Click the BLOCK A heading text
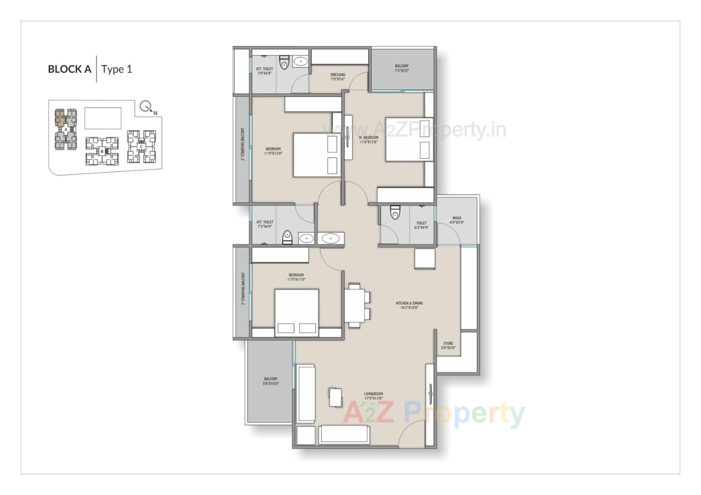pyautogui.click(x=69, y=69)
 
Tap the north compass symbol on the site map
pyautogui.click(x=147, y=107)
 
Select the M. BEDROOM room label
pyautogui.click(x=368, y=140)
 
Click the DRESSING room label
pyautogui.click(x=338, y=77)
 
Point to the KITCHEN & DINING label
pyautogui.click(x=409, y=305)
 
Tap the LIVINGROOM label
pyautogui.click(x=373, y=396)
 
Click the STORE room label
pyautogui.click(x=448, y=345)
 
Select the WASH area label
pyautogui.click(x=457, y=220)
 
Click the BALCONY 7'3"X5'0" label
pyautogui.click(x=402, y=68)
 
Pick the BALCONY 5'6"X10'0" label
pyautogui.click(x=271, y=381)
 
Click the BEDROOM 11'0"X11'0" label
pyautogui.click(x=296, y=277)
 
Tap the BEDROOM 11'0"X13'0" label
pyautogui.click(x=273, y=151)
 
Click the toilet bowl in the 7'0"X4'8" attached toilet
pyautogui.click(x=284, y=63)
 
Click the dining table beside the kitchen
pyautogui.click(x=355, y=305)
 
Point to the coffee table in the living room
pyautogui.click(x=336, y=397)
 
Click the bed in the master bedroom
pyautogui.click(x=409, y=139)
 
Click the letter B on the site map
pyautogui.click(x=102, y=151)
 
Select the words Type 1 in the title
pyautogui.click(x=116, y=69)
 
